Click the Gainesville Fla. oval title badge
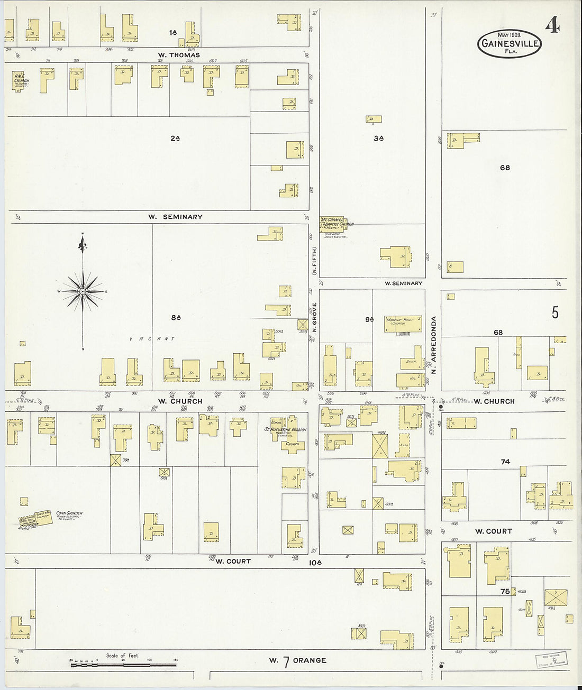click(x=510, y=43)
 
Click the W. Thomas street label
click(x=179, y=55)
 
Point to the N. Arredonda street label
click(x=434, y=345)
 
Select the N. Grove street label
click(x=314, y=317)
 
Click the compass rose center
click(x=83, y=291)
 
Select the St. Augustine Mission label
click(x=286, y=429)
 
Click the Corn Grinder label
click(x=69, y=513)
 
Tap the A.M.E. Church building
click(x=21, y=82)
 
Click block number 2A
click(x=175, y=138)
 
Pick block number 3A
click(x=378, y=138)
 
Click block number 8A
click(x=176, y=318)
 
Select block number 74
click(x=505, y=462)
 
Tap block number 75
click(x=505, y=591)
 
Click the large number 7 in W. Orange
click(x=286, y=661)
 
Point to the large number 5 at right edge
click(x=555, y=312)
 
